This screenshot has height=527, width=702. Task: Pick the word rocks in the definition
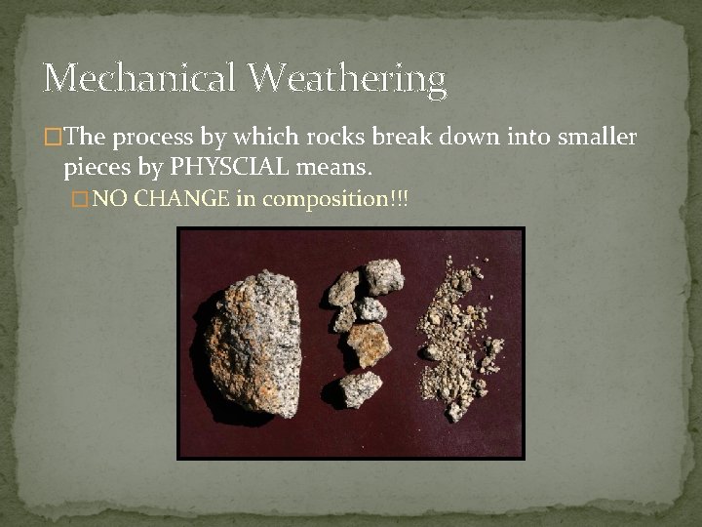point(329,136)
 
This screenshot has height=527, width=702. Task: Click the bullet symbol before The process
point(51,137)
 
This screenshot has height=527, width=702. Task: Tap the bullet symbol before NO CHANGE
point(82,199)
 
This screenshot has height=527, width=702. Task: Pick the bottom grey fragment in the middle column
point(360,387)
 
